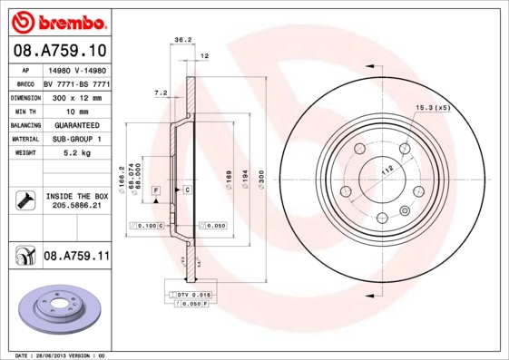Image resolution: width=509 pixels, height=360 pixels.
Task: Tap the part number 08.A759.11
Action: [76, 257]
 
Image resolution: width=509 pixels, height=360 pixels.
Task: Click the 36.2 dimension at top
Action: [181, 40]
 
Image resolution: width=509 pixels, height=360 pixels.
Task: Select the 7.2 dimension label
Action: [161, 92]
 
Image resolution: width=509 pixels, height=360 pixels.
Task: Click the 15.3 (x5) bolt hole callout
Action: [433, 108]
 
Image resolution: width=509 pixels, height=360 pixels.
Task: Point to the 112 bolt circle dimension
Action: [385, 169]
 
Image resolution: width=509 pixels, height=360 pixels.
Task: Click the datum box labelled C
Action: [187, 190]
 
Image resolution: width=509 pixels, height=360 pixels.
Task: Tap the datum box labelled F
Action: [156, 190]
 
